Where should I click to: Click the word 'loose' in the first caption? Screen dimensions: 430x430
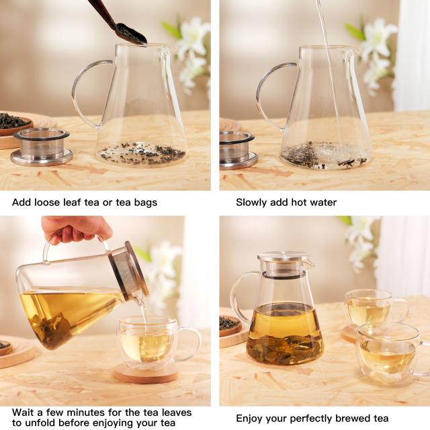coord(50,202)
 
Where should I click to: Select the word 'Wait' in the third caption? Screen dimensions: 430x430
coord(24,412)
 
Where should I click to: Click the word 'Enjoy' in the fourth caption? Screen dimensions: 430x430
coord(250,419)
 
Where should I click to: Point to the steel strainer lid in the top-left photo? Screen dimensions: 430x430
coord(42,146)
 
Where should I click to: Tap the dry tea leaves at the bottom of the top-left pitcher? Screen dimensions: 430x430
coord(141,153)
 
